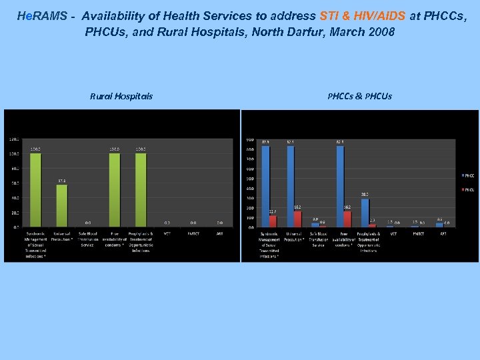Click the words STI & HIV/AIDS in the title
(x=362, y=15)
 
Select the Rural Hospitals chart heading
(x=121, y=96)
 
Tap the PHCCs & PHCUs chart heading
(x=359, y=96)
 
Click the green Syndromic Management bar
(x=35, y=190)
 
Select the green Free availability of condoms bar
(x=115, y=190)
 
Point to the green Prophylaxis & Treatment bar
(x=141, y=190)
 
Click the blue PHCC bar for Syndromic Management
(x=265, y=186)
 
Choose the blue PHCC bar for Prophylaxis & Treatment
(x=365, y=213)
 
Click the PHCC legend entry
(x=469, y=175)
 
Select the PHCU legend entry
(x=469, y=189)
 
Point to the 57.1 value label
(x=61, y=181)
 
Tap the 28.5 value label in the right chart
(x=365, y=195)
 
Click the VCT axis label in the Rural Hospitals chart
(x=167, y=233)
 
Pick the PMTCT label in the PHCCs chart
(x=419, y=233)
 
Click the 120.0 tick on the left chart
(x=13, y=139)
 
